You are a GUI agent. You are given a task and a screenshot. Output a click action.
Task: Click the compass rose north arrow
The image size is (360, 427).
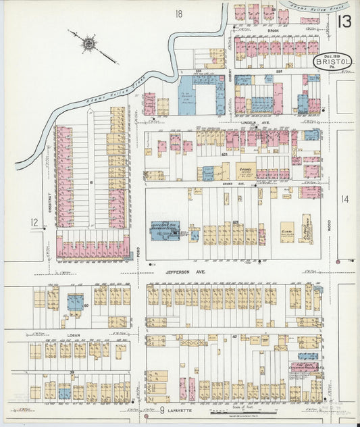[89, 45]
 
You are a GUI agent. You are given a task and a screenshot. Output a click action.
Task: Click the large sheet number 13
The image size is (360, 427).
[344, 22]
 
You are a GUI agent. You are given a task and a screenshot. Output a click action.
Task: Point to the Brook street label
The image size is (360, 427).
[273, 30]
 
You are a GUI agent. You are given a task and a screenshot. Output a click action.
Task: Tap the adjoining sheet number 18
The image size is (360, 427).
[179, 14]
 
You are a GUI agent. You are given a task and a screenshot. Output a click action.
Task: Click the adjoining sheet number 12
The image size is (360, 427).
[34, 222]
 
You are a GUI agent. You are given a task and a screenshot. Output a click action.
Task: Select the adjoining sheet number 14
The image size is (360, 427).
[344, 199]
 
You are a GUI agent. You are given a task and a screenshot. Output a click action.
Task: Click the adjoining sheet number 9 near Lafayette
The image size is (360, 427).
[163, 410]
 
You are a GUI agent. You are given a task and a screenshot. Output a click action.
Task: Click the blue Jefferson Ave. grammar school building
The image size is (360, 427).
[164, 230]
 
